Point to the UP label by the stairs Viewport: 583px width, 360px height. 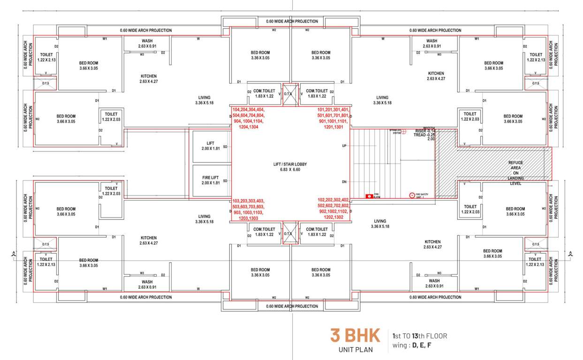(344, 146)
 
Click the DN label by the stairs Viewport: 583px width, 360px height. (344, 182)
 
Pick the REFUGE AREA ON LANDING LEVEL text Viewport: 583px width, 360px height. (515, 173)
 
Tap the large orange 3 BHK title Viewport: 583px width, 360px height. (355, 336)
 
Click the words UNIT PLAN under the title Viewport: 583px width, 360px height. (355, 350)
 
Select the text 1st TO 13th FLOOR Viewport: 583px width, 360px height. (420, 336)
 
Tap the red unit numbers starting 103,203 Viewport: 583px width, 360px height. (249, 209)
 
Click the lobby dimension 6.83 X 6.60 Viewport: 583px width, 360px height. (290, 169)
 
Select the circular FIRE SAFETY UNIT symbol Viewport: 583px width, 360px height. (412, 195)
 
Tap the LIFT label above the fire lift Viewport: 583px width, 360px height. (210, 143)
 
